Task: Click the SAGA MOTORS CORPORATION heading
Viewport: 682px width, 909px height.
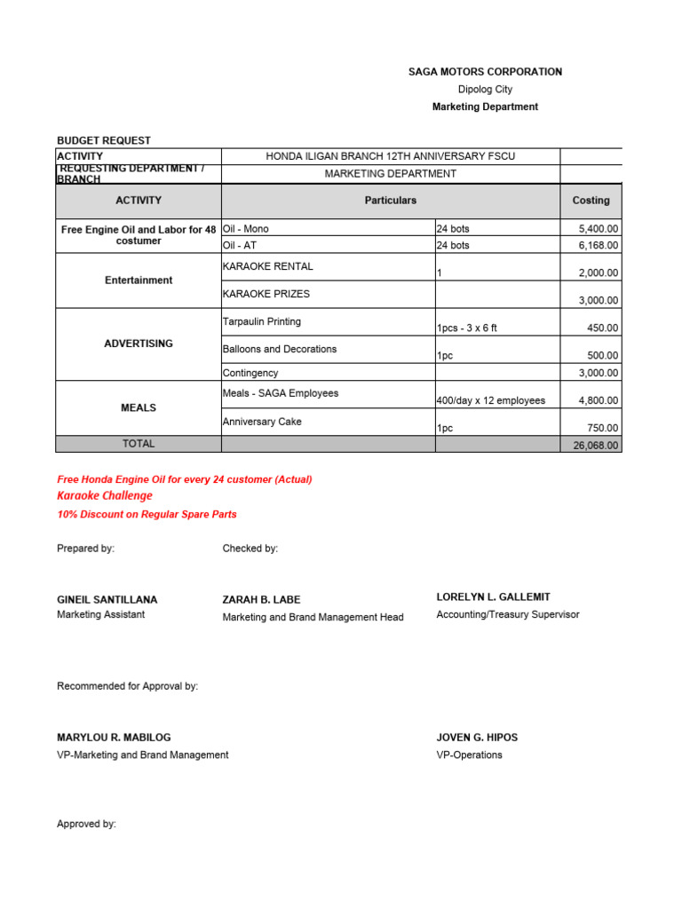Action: pyautogui.click(x=485, y=72)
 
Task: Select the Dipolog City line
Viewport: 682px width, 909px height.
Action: pyautogui.click(x=485, y=90)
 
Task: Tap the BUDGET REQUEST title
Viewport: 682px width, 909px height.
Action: pyautogui.click(x=104, y=140)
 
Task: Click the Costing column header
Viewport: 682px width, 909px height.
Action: pyautogui.click(x=591, y=201)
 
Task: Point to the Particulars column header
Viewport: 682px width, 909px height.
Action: pyautogui.click(x=390, y=201)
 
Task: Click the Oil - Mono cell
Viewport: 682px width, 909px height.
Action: pyautogui.click(x=246, y=229)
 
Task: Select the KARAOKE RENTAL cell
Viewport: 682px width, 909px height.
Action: pyautogui.click(x=267, y=266)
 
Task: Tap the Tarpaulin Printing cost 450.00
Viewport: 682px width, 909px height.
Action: pyautogui.click(x=603, y=328)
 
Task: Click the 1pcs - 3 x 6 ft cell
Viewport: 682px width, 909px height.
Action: pyautogui.click(x=467, y=328)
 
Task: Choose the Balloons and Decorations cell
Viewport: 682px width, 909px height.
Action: pyautogui.click(x=280, y=350)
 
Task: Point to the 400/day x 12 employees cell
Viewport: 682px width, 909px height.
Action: pyautogui.click(x=491, y=400)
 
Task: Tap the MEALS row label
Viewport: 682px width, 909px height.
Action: pyautogui.click(x=139, y=408)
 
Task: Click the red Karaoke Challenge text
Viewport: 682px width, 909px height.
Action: pyautogui.click(x=105, y=496)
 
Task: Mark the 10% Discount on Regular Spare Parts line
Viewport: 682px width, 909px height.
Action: pyautogui.click(x=147, y=515)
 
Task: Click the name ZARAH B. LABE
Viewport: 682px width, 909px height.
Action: pyautogui.click(x=261, y=600)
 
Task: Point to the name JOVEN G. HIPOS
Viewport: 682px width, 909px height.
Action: pyautogui.click(x=477, y=738)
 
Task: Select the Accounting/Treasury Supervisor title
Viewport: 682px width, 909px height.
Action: pyautogui.click(x=508, y=615)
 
